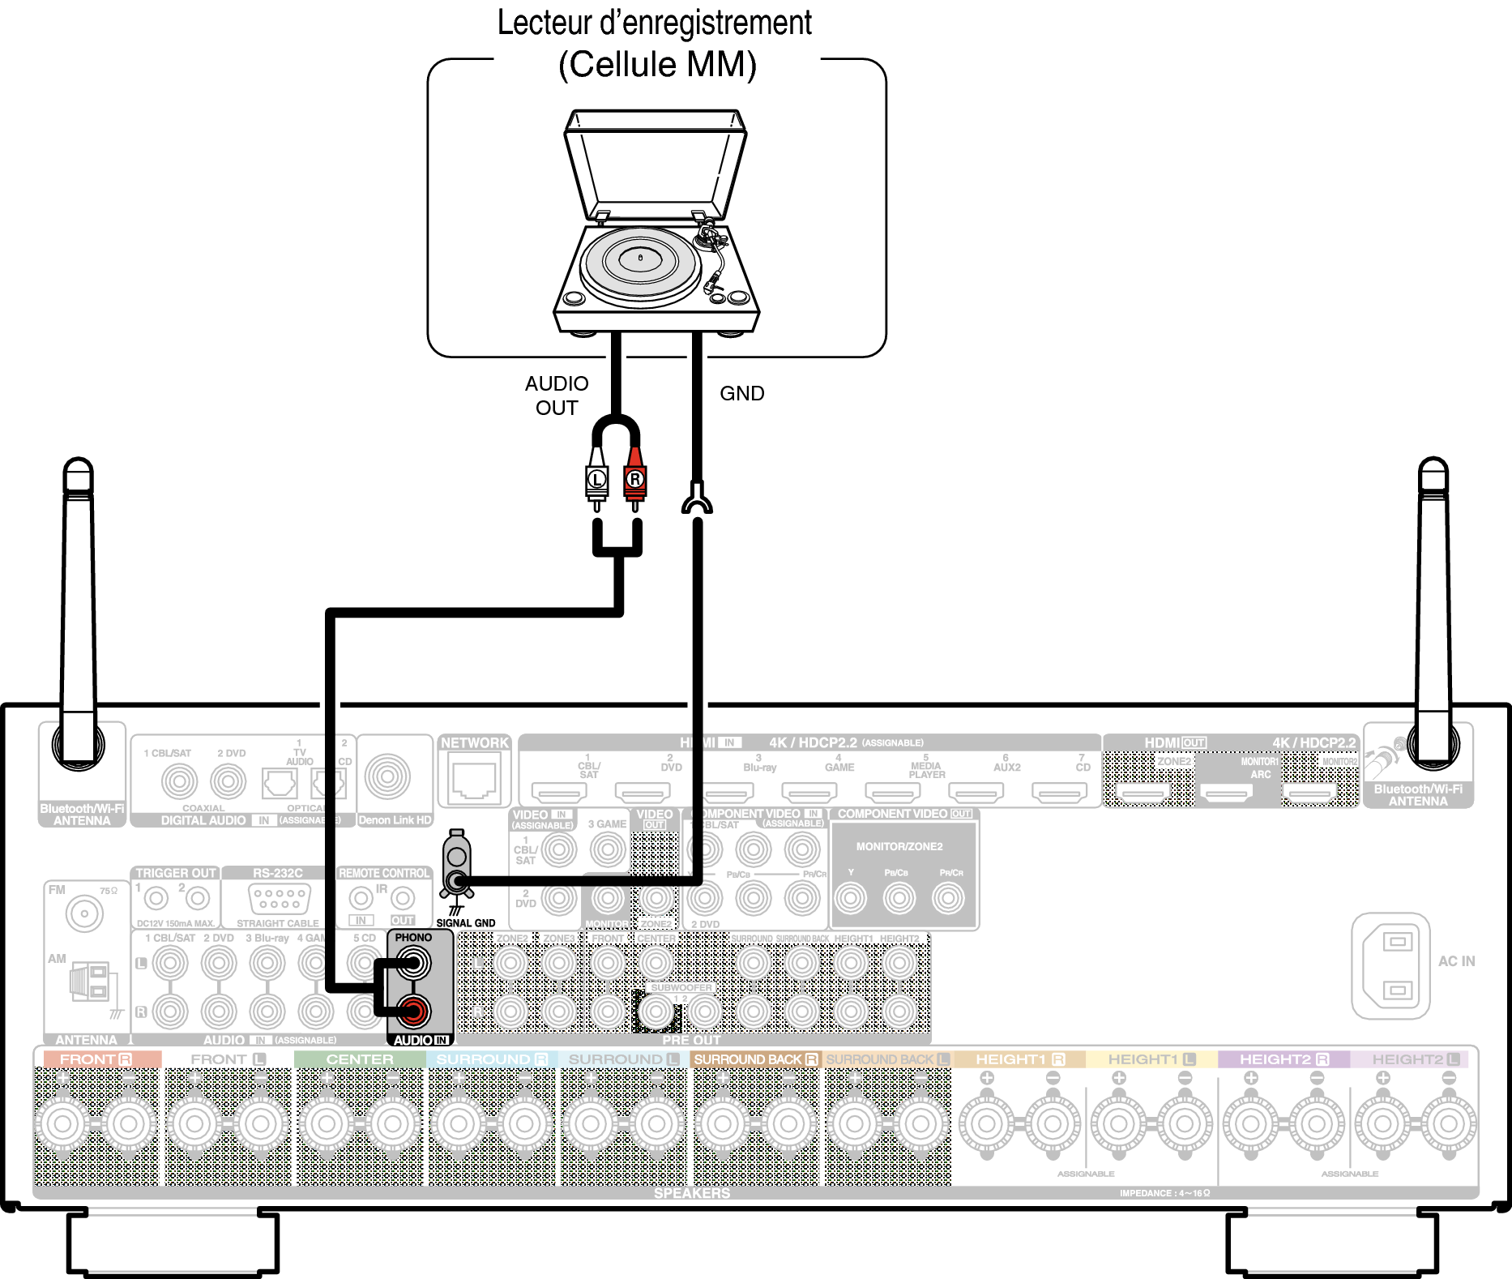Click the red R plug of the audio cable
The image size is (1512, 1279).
click(x=634, y=480)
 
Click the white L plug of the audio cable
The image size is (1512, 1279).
click(x=597, y=480)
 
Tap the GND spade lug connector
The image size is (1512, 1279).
click(x=697, y=501)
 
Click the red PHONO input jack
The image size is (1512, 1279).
click(x=413, y=1011)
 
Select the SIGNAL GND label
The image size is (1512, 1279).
click(x=465, y=922)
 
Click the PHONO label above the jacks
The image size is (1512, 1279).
click(x=413, y=938)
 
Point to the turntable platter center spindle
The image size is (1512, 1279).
click(x=640, y=258)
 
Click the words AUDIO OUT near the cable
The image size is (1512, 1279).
click(x=557, y=396)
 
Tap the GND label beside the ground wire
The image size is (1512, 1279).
click(x=741, y=393)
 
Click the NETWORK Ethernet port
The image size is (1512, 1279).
click(x=474, y=778)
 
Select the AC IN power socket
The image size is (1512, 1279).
click(x=1390, y=965)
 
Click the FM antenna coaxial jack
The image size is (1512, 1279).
click(x=83, y=914)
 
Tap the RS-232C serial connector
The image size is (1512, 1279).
click(x=278, y=898)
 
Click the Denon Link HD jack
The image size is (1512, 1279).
click(x=387, y=776)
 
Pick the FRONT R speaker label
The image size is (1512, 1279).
click(x=96, y=1059)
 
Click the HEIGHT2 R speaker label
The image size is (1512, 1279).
click(x=1283, y=1059)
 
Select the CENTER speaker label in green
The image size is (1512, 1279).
click(x=360, y=1059)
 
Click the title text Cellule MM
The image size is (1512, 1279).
click(x=657, y=65)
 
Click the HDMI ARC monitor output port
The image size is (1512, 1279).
click(x=1226, y=793)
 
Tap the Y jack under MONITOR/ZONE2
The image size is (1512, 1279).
click(x=850, y=898)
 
